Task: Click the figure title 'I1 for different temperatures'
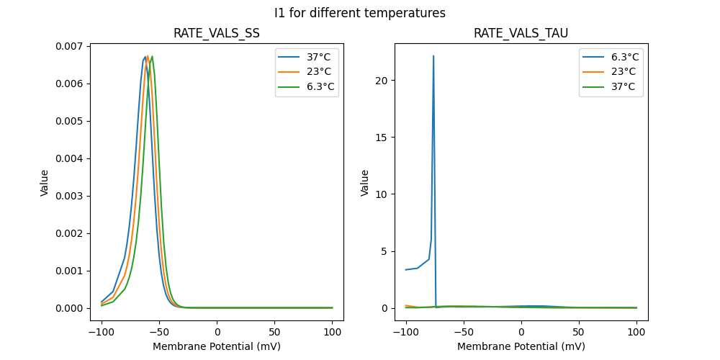pos(360,13)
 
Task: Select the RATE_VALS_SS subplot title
pos(217,34)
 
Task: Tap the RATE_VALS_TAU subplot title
pos(521,34)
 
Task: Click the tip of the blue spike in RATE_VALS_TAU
pos(433,55)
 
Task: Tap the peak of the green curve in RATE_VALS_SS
pos(152,56)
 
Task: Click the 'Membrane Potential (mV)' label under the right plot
pos(521,346)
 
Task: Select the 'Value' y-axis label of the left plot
pos(45,183)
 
